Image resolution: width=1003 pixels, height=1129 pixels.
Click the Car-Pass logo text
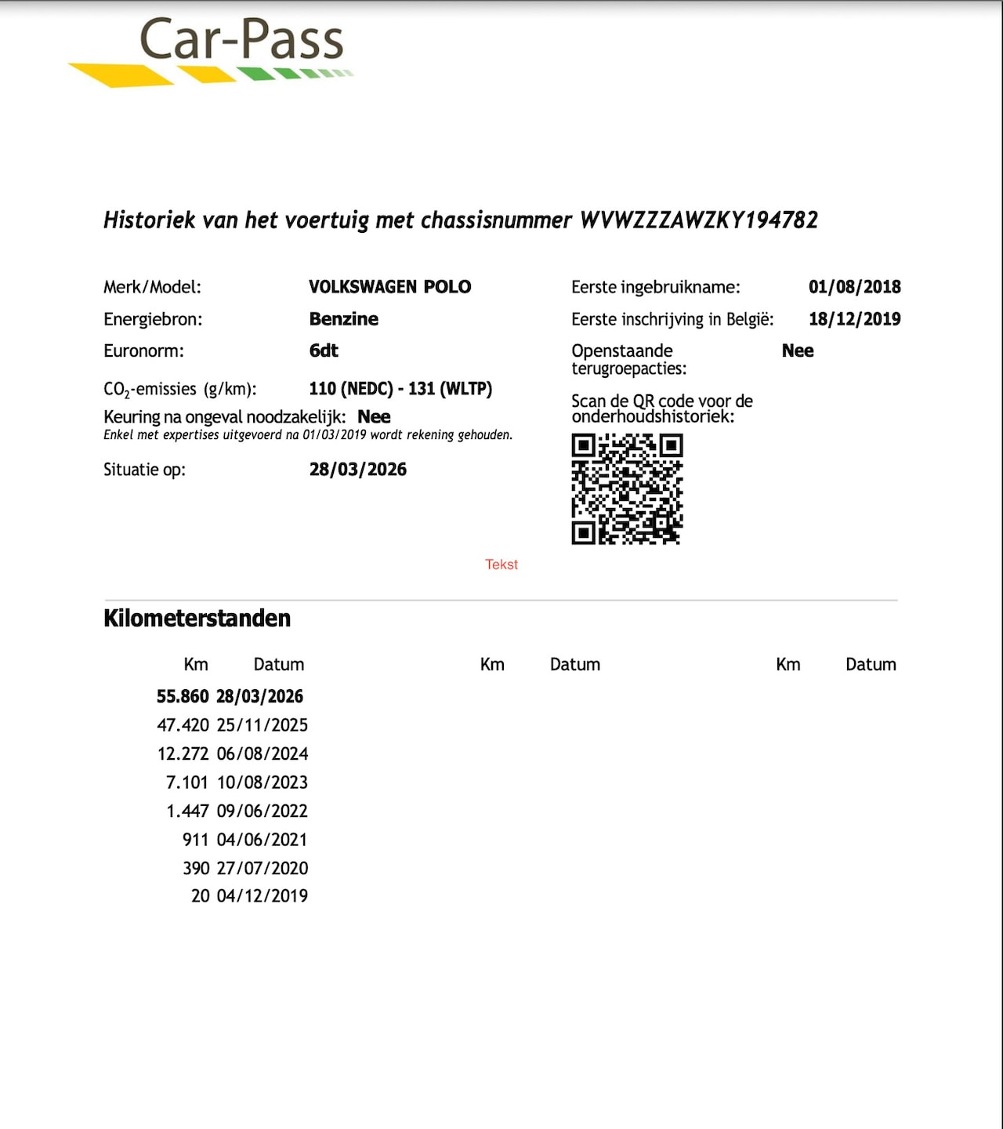(241, 40)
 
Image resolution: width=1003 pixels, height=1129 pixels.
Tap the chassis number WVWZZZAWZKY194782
(698, 220)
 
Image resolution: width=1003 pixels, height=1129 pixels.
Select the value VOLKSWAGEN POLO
(389, 287)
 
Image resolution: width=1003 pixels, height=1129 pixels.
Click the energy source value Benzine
(343, 319)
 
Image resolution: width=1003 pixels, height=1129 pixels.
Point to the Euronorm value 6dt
(324, 350)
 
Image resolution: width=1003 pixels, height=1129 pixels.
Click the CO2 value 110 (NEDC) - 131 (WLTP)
(400, 389)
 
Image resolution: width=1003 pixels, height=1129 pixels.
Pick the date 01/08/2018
(854, 287)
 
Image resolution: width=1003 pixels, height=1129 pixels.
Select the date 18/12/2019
(854, 319)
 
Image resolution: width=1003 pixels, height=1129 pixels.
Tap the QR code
(627, 489)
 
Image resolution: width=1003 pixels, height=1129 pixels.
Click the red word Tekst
(501, 564)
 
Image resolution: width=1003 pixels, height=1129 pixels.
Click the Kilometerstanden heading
(197, 619)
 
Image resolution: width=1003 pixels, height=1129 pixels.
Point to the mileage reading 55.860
(183, 696)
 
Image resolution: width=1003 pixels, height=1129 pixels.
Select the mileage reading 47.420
(183, 725)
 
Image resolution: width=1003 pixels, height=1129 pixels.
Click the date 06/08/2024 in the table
(263, 754)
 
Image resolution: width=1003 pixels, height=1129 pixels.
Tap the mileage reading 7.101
(187, 782)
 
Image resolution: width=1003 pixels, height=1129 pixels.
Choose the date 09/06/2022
(263, 811)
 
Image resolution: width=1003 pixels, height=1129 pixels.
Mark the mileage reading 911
(195, 840)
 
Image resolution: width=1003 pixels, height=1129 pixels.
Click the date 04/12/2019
(263, 896)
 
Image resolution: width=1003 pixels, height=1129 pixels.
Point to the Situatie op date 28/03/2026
(358, 470)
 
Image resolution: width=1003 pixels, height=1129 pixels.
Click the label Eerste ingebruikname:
(655, 287)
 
